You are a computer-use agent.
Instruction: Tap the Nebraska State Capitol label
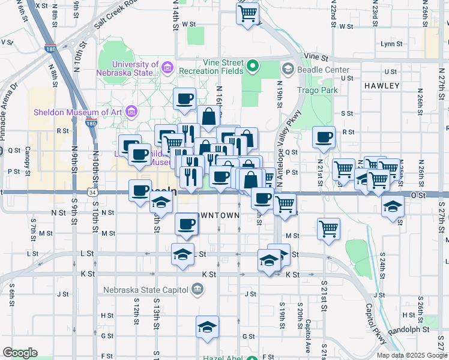pos(146,290)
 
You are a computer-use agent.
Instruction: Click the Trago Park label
pos(318,90)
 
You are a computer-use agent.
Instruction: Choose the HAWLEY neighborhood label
pos(381,86)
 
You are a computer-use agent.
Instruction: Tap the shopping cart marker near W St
pos(248,13)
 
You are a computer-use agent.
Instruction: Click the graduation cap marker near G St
pos(207,326)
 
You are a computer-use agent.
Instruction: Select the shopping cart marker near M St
pos(329,228)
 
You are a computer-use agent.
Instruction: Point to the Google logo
pos(20,353)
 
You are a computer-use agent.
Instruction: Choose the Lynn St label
pos(391,44)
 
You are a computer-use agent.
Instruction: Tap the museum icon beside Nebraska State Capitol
pos(197,290)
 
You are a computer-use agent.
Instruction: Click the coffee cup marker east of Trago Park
pos(324,137)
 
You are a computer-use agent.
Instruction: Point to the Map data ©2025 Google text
pos(412,355)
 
